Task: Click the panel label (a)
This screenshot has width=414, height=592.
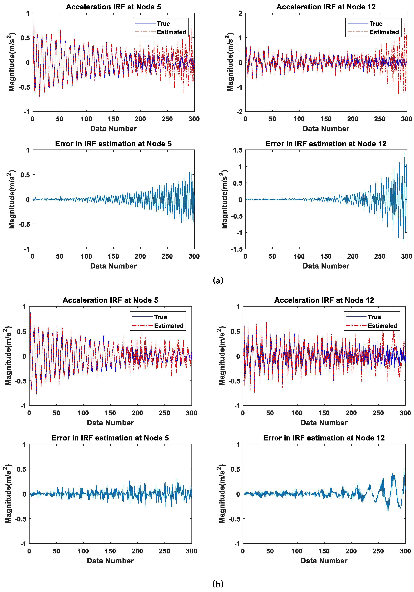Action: pos(218,280)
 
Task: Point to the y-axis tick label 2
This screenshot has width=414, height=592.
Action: pos(240,13)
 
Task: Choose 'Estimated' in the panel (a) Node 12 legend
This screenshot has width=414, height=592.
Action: pos(384,32)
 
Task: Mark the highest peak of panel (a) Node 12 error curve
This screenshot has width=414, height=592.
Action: pos(405,152)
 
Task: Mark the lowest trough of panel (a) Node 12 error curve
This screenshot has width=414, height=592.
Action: pos(404,241)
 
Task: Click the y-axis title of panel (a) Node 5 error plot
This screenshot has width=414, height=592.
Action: pos(12,199)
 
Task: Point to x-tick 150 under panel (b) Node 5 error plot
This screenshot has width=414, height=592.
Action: pos(110,551)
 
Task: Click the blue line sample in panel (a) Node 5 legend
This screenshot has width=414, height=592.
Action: pos(145,23)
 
